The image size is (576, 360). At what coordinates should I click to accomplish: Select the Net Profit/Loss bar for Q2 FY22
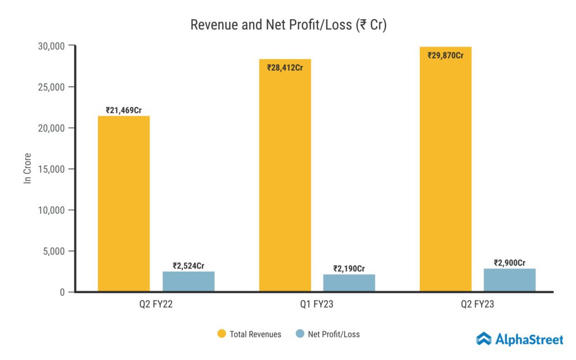[x=188, y=281]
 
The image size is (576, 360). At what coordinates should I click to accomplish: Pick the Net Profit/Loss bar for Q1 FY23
[x=349, y=283]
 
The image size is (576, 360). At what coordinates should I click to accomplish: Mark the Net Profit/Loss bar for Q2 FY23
[x=510, y=280]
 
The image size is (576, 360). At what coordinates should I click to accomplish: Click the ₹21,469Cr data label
[x=124, y=110]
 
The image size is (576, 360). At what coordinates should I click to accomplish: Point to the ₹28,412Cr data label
[x=285, y=67]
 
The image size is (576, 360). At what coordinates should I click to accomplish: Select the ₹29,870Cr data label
[x=445, y=55]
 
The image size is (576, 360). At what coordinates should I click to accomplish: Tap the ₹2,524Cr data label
[x=188, y=265]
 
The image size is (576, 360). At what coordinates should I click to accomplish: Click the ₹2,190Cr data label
[x=349, y=268]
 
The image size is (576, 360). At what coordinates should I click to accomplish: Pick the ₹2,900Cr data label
[x=510, y=263]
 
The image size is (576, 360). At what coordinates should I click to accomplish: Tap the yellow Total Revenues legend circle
[x=221, y=334]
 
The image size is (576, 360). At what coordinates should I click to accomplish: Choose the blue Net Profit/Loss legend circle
[x=300, y=334]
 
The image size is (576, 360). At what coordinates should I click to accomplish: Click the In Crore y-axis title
[x=27, y=168]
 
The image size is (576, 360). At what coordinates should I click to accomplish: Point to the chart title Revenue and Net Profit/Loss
[x=288, y=25]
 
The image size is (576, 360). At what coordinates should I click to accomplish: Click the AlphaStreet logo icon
[x=484, y=339]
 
